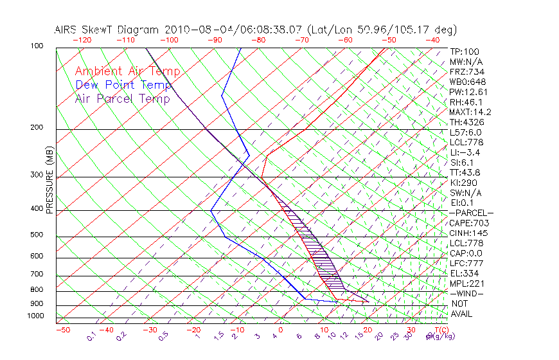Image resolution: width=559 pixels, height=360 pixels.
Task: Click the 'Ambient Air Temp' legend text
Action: (x=128, y=71)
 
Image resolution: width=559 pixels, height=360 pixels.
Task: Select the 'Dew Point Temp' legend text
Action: (x=123, y=85)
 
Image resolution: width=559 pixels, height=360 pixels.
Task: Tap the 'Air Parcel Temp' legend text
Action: (x=123, y=98)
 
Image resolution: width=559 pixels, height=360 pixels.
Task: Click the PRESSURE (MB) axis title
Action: (x=49, y=180)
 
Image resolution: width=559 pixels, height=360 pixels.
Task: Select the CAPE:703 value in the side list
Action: (x=470, y=223)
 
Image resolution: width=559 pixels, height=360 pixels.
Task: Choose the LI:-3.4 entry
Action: (x=465, y=152)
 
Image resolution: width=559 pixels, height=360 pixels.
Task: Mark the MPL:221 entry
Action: (x=467, y=283)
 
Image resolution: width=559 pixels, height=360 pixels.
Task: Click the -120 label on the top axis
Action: (x=82, y=39)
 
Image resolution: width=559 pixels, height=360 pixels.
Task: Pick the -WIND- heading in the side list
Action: (x=467, y=293)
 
